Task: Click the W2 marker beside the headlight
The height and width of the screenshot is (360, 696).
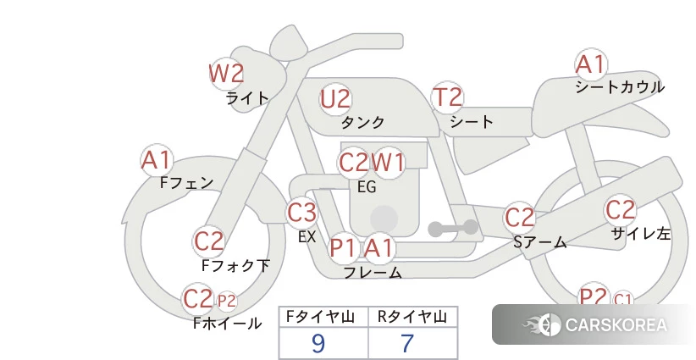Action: (226, 74)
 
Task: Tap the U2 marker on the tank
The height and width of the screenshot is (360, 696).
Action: (335, 99)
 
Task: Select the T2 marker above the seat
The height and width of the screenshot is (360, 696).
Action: (447, 97)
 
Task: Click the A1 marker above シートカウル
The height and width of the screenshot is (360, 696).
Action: (591, 64)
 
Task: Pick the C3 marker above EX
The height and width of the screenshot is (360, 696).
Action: (301, 212)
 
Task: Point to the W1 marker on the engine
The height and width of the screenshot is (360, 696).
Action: (388, 163)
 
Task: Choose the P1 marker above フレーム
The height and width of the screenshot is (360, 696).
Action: (344, 247)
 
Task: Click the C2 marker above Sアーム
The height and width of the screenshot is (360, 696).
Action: (519, 218)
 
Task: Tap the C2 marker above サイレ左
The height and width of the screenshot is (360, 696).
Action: (620, 210)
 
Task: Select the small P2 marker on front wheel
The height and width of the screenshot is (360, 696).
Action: (226, 302)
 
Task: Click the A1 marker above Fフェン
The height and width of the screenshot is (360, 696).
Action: (157, 160)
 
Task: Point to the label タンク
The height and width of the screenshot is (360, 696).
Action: (362, 122)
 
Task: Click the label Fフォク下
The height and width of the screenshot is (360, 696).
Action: (235, 266)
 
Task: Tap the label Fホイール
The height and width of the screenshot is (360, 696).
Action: (228, 324)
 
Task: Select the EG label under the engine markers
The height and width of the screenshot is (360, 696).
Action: (367, 187)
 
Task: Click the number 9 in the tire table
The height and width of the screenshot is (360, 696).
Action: (318, 343)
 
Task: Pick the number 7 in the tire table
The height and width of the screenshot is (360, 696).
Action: (407, 343)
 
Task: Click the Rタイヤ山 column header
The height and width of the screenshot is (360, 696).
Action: (412, 317)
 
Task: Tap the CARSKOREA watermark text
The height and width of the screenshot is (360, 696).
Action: (616, 325)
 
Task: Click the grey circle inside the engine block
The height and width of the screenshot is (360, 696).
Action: (384, 219)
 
